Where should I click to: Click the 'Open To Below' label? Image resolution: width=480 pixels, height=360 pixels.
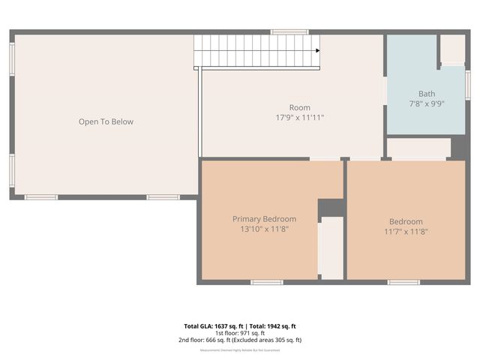pos(106,121)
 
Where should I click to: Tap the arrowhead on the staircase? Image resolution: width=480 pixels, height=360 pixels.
pos(318,50)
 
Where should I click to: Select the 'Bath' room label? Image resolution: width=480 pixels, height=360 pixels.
pos(427,94)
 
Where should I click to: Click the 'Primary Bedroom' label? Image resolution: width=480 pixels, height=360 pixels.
pos(264,219)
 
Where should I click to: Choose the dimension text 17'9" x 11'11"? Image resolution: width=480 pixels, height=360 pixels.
pos(299,118)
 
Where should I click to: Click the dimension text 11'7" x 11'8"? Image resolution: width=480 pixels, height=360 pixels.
pos(406,232)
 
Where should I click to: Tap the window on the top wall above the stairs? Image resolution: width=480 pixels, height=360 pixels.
pos(289,31)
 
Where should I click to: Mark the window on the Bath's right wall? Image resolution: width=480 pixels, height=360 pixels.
pos(468,84)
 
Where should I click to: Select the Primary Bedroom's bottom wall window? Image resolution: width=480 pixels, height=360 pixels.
pos(266,282)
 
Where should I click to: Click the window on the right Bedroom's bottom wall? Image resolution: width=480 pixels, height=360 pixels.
pos(403,282)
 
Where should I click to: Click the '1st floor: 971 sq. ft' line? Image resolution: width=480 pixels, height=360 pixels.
pos(240,333)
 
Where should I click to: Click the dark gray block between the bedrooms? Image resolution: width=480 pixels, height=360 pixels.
pos(330,208)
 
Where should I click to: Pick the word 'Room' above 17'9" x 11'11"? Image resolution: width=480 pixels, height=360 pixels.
pos(299,108)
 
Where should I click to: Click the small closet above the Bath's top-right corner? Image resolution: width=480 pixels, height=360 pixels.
pos(452,49)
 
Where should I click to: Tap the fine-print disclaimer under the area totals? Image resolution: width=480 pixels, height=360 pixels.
pos(240,350)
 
